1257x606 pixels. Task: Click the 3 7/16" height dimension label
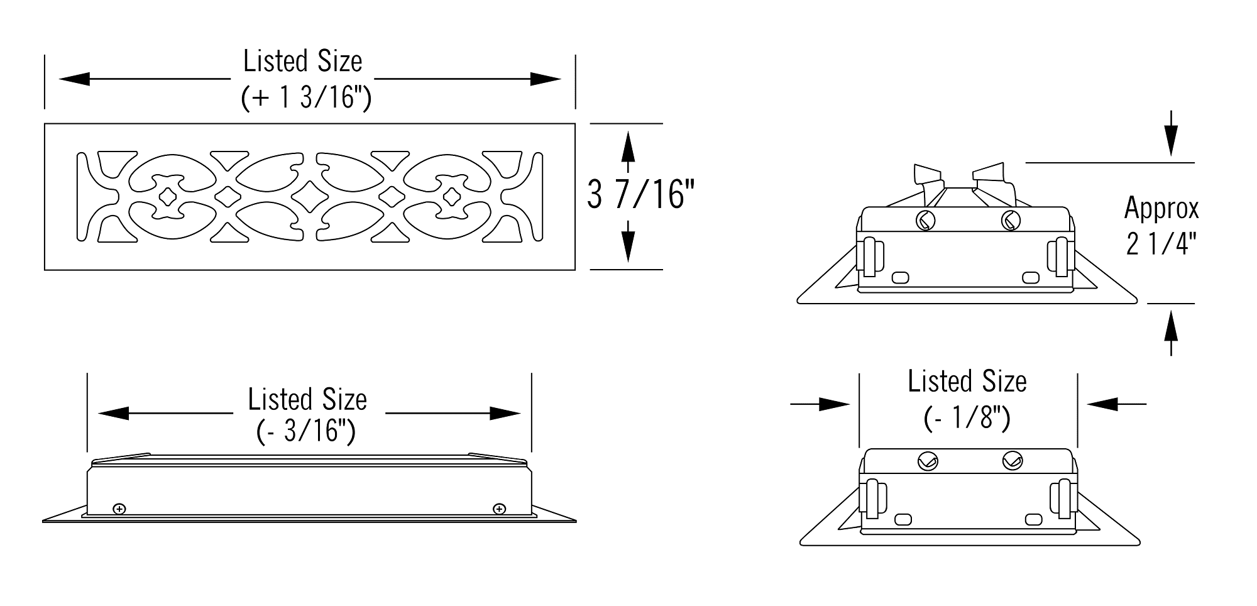pos(641,194)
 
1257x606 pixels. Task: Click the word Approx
pos(1161,208)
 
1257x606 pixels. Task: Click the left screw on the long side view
pos(119,509)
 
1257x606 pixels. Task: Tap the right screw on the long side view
pos(499,509)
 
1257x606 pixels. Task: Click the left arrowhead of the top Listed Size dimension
pos(74,79)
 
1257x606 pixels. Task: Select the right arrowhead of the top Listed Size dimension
pos(546,79)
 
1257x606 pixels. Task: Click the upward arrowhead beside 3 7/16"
pos(627,146)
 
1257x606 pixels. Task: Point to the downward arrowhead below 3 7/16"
pos(627,246)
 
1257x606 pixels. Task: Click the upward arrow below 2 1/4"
pos(1171,334)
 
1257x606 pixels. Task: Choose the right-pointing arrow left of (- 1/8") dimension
pos(820,404)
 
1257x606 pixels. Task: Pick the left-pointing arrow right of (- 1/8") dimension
pos(1117,404)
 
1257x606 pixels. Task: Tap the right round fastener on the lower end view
pos(1013,461)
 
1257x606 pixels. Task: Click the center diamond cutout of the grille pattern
pos(309,196)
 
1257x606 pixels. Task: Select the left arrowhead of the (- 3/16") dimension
pos(114,413)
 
